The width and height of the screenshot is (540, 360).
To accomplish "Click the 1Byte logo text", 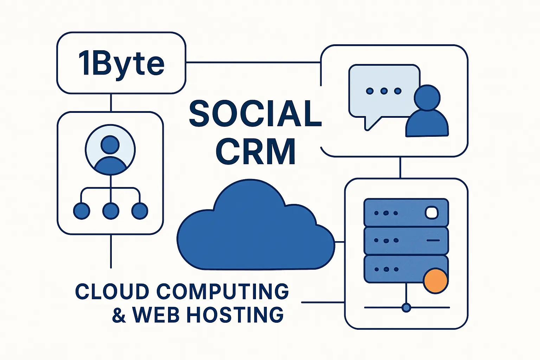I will (x=121, y=64).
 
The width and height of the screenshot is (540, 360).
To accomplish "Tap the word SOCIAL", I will (x=255, y=114).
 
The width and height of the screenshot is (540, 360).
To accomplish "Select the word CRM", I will (x=255, y=152).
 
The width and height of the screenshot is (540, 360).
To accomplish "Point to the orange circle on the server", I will (x=436, y=281).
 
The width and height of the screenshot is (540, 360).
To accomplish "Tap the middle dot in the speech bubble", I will (x=384, y=91).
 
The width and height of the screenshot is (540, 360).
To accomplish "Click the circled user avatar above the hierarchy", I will (x=110, y=150).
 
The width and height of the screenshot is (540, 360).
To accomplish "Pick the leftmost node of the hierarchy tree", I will (x=82, y=211).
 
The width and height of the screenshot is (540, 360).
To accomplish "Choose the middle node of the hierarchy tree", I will (x=110, y=211).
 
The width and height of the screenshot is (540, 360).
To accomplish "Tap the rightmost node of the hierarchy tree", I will (x=140, y=211).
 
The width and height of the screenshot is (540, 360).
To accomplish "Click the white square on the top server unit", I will (x=432, y=212).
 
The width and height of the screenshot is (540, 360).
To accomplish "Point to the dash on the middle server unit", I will (x=433, y=240).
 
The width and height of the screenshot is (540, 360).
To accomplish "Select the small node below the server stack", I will (x=406, y=308).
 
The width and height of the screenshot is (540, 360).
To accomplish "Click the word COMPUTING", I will (x=223, y=292).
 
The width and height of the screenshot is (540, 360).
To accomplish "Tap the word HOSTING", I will (x=235, y=315).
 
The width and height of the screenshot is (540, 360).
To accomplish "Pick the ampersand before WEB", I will (x=119, y=315).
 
